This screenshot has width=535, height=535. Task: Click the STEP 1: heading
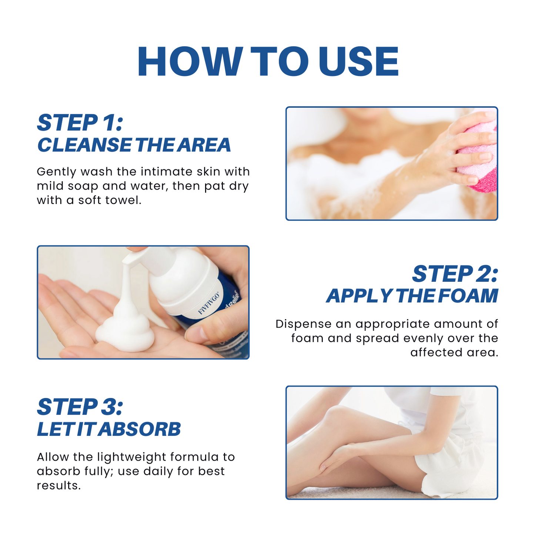point(80,123)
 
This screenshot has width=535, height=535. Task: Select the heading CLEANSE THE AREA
point(134,145)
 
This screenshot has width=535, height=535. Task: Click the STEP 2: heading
point(455,274)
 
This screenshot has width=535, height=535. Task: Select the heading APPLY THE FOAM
point(412,296)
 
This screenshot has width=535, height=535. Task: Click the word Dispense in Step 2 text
point(303,324)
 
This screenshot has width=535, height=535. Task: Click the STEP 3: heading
point(80,407)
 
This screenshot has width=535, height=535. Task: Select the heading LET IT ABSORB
point(109,429)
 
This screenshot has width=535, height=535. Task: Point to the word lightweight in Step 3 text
point(132,457)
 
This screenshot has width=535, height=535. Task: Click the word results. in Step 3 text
point(58,485)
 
